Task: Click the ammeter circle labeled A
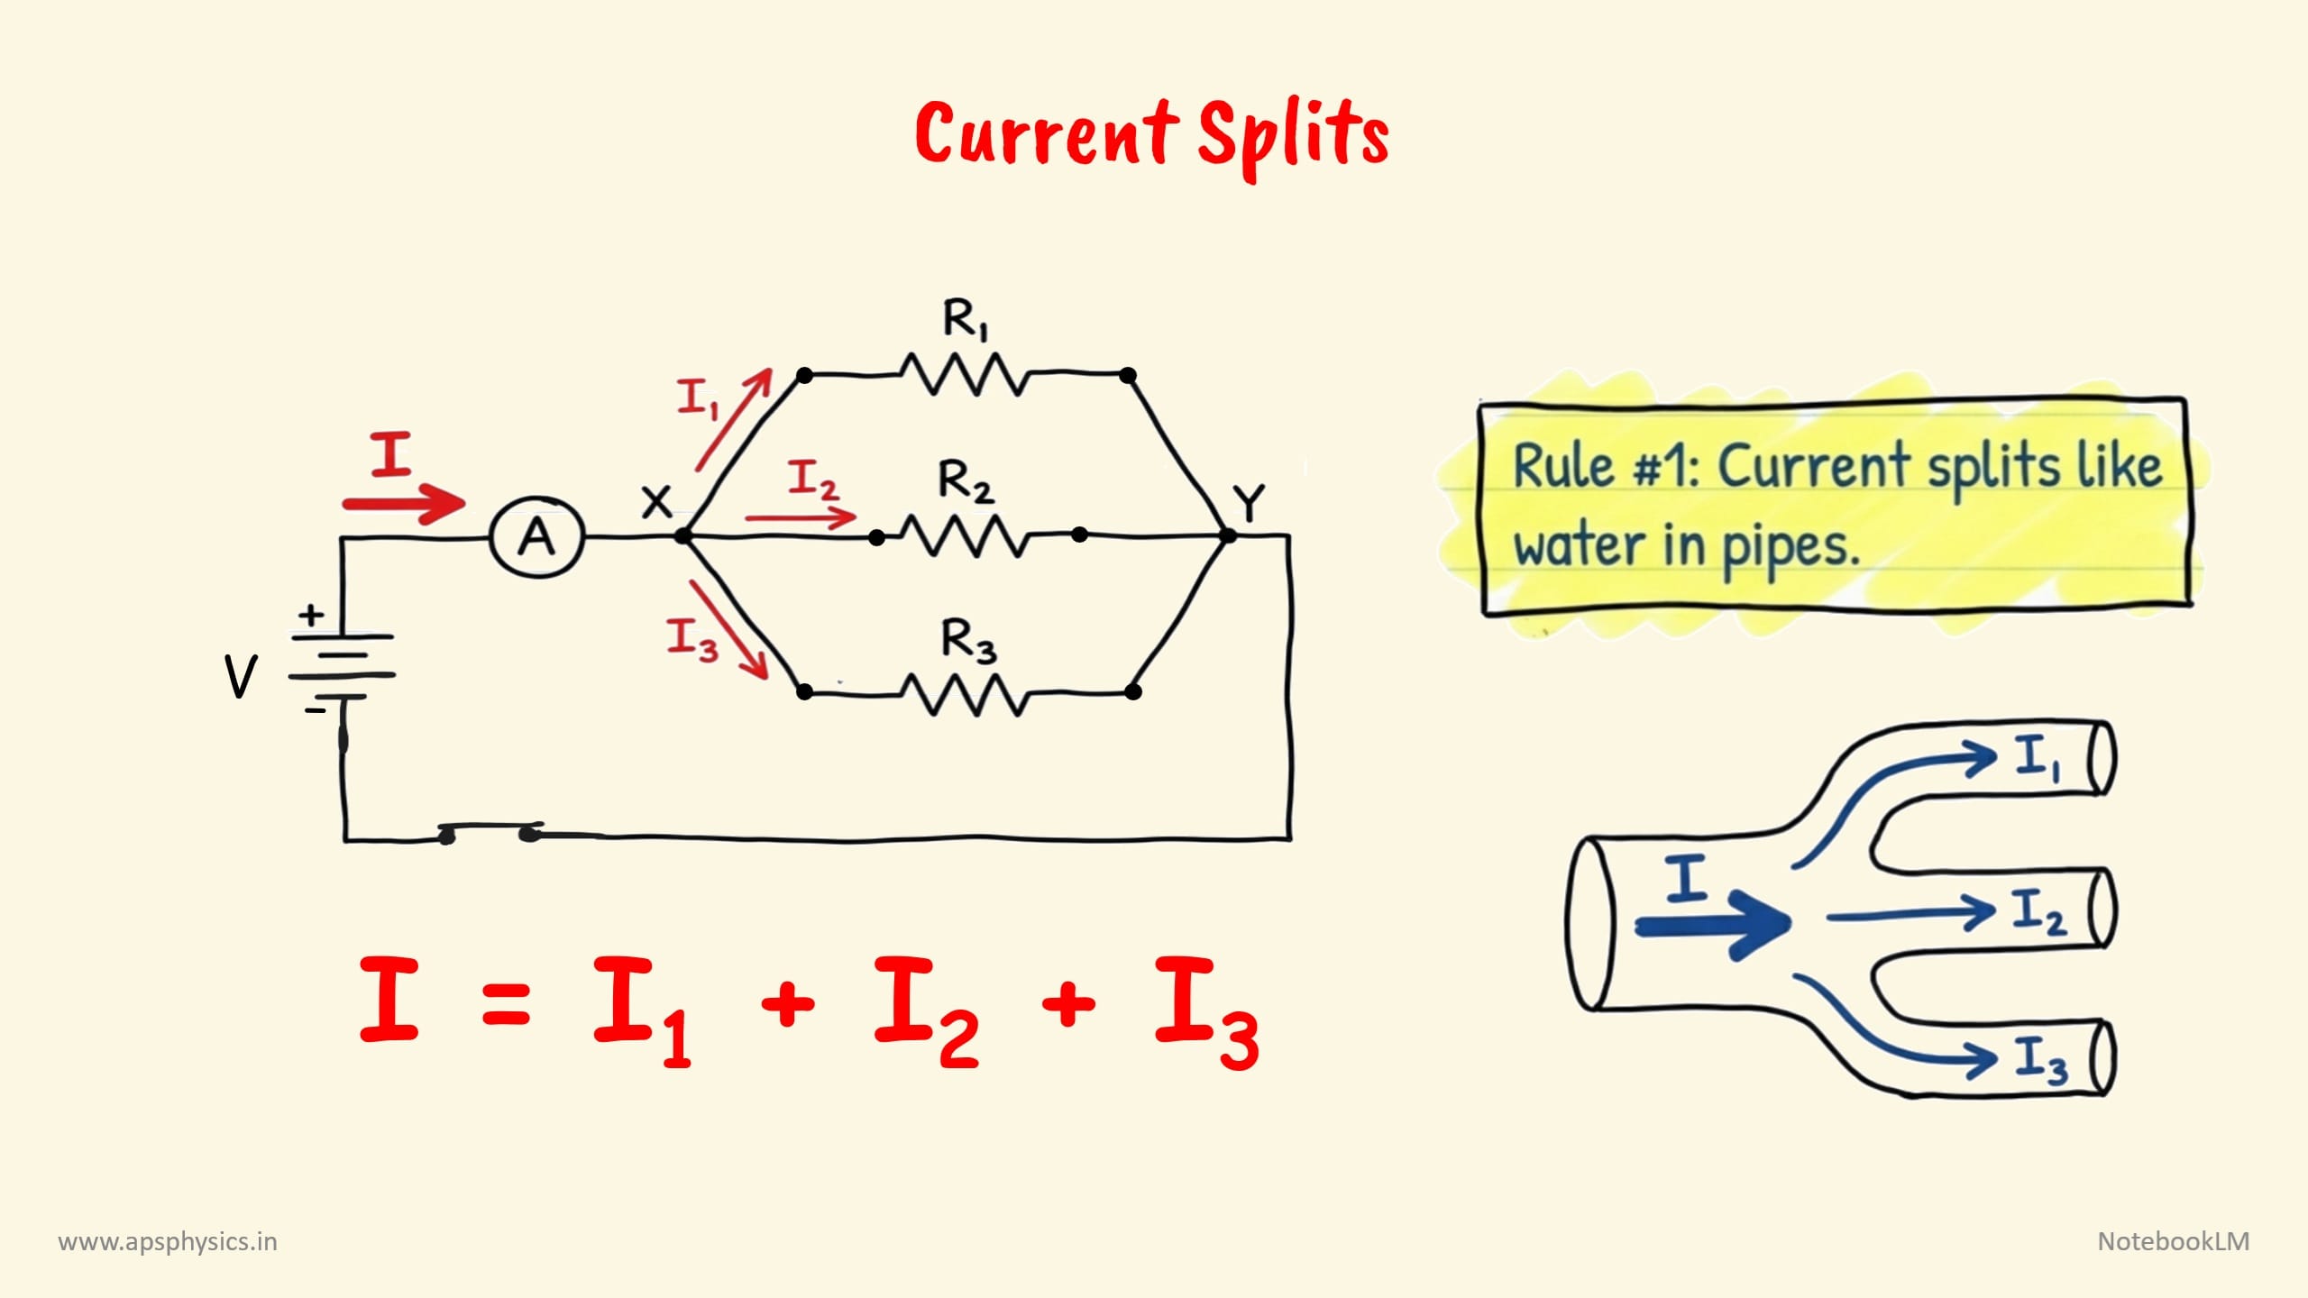click(x=537, y=537)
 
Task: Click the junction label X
click(x=656, y=501)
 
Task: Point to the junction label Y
click(x=1249, y=503)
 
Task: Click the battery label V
click(x=240, y=676)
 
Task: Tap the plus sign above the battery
click(x=311, y=616)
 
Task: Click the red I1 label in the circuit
click(x=697, y=398)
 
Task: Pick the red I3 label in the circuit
click(x=691, y=639)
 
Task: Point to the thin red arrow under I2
click(x=801, y=517)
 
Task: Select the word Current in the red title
click(x=1046, y=135)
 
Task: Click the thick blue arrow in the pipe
click(x=1713, y=925)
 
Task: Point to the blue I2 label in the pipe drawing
click(x=2038, y=911)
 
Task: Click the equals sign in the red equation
click(x=506, y=1003)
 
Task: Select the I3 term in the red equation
click(x=1206, y=1011)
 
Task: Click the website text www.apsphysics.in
click(x=168, y=1242)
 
